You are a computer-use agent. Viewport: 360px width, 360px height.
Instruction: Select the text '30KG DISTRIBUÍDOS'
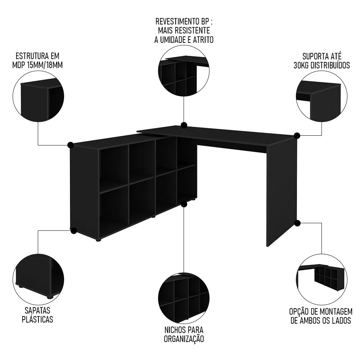click(x=321, y=66)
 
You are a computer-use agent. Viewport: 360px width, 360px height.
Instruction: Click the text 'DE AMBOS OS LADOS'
click(x=321, y=320)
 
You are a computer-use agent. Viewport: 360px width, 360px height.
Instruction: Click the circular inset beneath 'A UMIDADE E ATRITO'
click(x=184, y=72)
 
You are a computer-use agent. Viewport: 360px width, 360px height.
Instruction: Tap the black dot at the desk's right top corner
click(x=297, y=136)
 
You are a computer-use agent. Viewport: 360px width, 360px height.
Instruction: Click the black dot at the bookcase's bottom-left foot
click(x=73, y=230)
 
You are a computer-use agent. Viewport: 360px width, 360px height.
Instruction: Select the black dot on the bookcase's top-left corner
click(x=71, y=145)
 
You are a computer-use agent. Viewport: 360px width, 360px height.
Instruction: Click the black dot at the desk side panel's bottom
click(x=297, y=223)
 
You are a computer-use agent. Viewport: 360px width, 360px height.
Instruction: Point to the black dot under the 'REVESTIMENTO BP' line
click(x=184, y=125)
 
